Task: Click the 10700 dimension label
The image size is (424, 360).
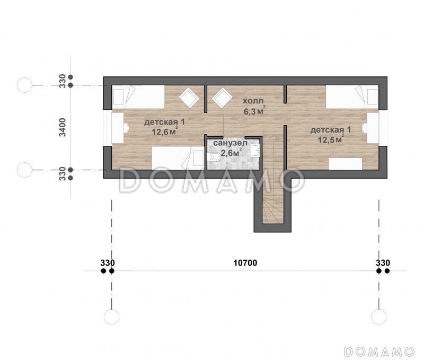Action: point(245,262)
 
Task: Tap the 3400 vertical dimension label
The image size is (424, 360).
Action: point(63,127)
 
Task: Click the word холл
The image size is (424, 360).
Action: point(253,101)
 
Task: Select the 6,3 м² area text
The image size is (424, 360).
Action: point(254,111)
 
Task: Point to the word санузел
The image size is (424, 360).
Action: point(230,143)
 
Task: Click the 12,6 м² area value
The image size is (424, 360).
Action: point(165,131)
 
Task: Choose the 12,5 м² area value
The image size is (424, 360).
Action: point(331,139)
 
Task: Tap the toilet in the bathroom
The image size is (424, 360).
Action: point(215,156)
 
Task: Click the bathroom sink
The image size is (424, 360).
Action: point(255,151)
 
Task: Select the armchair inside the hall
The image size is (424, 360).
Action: point(222,98)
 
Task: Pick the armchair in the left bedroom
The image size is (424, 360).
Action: point(190,98)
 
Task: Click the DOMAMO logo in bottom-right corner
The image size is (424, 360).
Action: point(379,352)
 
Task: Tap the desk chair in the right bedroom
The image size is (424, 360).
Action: point(364,128)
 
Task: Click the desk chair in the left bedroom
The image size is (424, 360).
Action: point(126,128)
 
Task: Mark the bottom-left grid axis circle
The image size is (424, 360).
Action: point(112,317)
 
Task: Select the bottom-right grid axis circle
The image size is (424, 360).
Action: point(379,317)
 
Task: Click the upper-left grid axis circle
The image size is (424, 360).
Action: point(24,85)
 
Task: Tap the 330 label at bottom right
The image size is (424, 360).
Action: point(383,262)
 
